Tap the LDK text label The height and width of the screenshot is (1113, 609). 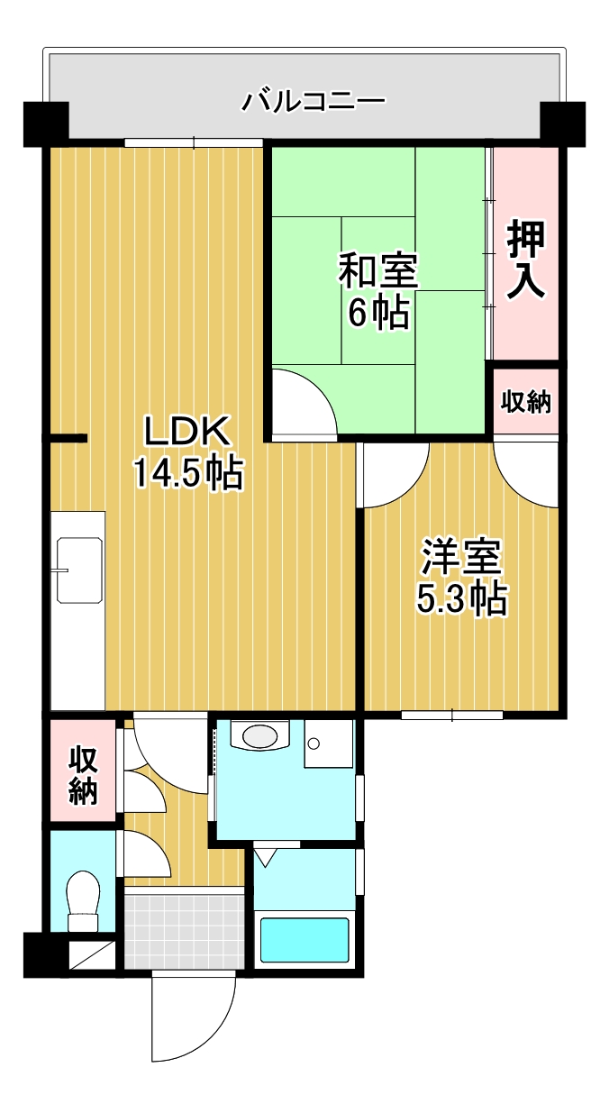pyautogui.click(x=189, y=433)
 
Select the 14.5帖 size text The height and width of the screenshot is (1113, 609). pyautogui.click(x=189, y=472)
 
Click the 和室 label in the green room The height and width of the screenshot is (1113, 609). pyautogui.click(x=377, y=271)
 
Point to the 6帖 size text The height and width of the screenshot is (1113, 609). pyautogui.click(x=377, y=312)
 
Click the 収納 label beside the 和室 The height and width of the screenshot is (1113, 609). pyautogui.click(x=526, y=402)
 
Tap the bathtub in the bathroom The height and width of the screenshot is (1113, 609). pyautogui.click(x=304, y=940)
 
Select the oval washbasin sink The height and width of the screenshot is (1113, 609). pyautogui.click(x=259, y=736)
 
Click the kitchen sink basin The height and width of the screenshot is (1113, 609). pyautogui.click(x=79, y=570)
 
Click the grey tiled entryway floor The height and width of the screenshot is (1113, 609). pyautogui.click(x=184, y=928)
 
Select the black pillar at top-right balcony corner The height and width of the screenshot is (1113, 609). pyautogui.click(x=562, y=123)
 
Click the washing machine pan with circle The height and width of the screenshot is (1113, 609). pyautogui.click(x=328, y=744)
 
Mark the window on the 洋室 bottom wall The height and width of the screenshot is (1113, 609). pyautogui.click(x=451, y=716)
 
